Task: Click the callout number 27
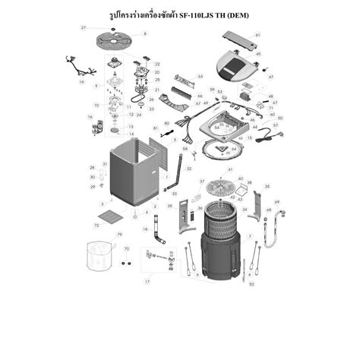84,27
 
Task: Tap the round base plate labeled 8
113,37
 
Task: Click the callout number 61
258,35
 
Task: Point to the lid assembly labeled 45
235,65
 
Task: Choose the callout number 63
201,77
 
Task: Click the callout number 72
96,226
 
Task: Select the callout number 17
147,281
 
